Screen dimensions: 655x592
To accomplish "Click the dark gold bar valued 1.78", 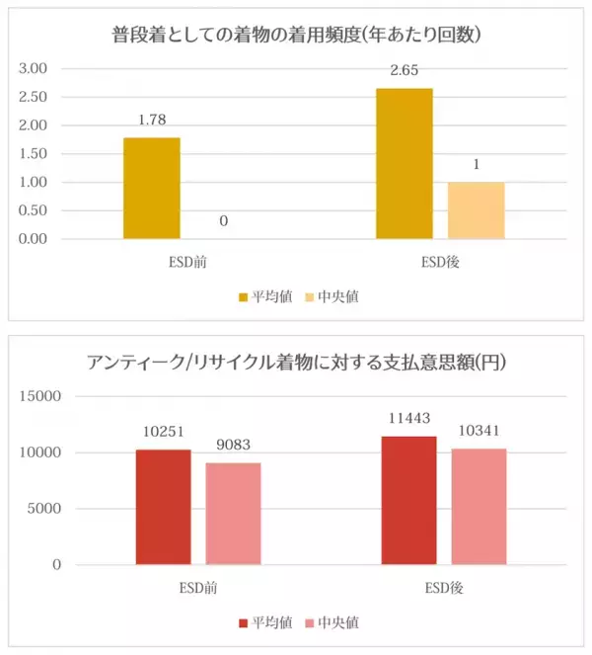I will [151, 188].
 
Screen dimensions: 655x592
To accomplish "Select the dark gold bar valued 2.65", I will [404, 163].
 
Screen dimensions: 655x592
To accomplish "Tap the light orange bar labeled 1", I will [476, 210].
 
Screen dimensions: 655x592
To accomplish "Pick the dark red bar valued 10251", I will [163, 507].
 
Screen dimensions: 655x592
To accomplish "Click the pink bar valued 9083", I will [234, 514].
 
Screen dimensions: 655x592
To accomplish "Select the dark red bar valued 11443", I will [408, 500].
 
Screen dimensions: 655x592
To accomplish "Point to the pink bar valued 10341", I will [479, 507].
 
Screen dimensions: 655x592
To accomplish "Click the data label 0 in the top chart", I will [223, 221].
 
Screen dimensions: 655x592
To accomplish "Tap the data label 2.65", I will [404, 72].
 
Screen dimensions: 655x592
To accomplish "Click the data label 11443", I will [408, 419].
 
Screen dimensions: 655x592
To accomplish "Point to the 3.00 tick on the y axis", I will [35, 68].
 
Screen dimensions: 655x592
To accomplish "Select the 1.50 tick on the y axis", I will [35, 154].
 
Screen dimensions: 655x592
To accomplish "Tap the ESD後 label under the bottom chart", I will [444, 589].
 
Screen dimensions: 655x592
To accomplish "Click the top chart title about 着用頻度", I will [295, 36].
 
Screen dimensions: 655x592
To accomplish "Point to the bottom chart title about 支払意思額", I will [295, 362].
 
